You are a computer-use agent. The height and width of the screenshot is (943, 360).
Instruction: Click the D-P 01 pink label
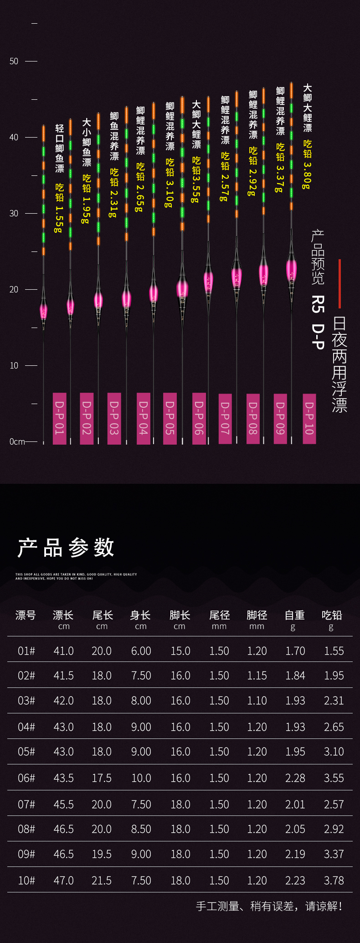point(60,418)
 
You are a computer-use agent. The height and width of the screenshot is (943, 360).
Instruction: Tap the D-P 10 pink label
point(309,418)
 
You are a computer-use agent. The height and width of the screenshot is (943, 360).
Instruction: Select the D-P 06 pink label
point(199,418)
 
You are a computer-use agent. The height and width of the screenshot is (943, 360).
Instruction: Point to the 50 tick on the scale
point(14,61)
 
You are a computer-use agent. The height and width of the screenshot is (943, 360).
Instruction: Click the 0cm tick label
point(17,441)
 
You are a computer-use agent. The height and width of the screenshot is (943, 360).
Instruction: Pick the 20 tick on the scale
point(14,289)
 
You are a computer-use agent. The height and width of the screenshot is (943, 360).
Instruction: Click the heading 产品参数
point(66,548)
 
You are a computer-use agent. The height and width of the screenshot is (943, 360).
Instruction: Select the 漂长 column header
point(63,615)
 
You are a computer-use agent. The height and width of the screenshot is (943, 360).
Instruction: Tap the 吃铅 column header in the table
point(332,615)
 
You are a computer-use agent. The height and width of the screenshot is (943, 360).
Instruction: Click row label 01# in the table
point(26,651)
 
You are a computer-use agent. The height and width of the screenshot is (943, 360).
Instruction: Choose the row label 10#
point(26,881)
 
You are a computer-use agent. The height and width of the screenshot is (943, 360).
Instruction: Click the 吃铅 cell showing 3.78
point(334,881)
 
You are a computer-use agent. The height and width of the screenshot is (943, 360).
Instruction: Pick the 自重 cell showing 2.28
point(295,778)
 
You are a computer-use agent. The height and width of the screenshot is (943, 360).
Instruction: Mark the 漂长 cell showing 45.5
point(63,805)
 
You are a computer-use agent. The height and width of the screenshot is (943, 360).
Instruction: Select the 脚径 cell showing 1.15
point(257,676)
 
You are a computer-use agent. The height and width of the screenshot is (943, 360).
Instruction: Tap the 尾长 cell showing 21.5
point(102,881)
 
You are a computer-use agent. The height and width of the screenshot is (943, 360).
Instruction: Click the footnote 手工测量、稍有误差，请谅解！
point(269,906)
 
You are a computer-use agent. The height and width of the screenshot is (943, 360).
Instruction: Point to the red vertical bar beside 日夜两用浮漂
point(339,283)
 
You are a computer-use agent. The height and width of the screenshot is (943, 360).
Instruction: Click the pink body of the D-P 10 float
point(292,270)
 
